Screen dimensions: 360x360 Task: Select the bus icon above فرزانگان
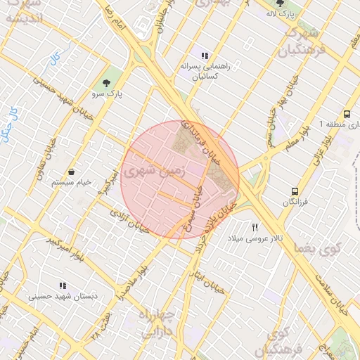tap(295, 191)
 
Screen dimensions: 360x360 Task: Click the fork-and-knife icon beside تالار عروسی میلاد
tap(255, 227)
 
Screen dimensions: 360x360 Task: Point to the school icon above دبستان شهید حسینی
tap(63, 285)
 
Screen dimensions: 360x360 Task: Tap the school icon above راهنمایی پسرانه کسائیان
tap(205, 56)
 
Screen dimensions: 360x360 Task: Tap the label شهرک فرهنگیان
tap(298, 41)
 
